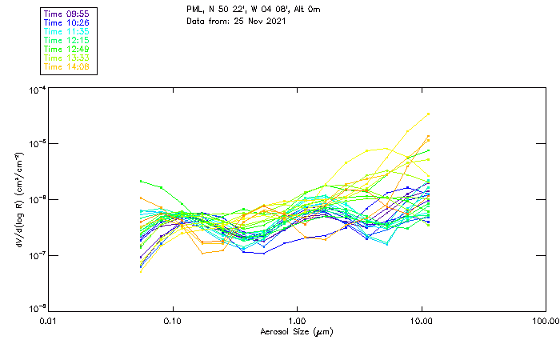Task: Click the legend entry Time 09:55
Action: point(66,14)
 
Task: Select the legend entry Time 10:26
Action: point(66,23)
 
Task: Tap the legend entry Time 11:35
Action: point(66,32)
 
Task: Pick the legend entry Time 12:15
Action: point(66,41)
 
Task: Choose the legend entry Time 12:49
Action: point(66,50)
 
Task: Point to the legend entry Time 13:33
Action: point(66,58)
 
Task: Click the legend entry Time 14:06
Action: point(66,67)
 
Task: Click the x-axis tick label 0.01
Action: point(49,322)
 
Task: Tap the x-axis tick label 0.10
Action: point(173,322)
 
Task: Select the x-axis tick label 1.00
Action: point(298,322)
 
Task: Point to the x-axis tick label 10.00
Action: point(422,322)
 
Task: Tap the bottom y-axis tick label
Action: point(35,309)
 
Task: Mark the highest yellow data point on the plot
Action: point(430,114)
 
